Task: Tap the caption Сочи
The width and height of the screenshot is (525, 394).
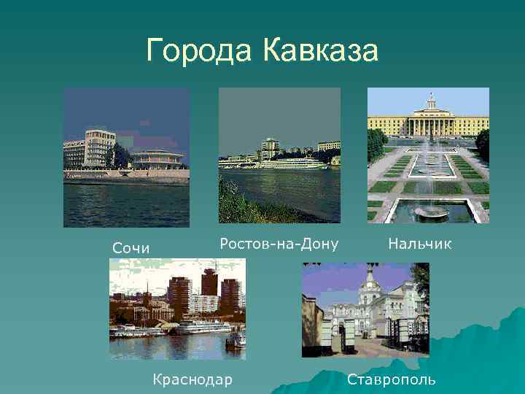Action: [131, 248]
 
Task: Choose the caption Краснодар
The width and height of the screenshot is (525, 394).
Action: [192, 379]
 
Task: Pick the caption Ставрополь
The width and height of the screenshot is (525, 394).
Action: [391, 379]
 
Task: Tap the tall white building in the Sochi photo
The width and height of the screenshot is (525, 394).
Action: [100, 148]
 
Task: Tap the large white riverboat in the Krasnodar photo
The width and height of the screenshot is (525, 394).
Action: [201, 327]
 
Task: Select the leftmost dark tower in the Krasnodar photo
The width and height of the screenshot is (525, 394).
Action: [179, 295]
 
